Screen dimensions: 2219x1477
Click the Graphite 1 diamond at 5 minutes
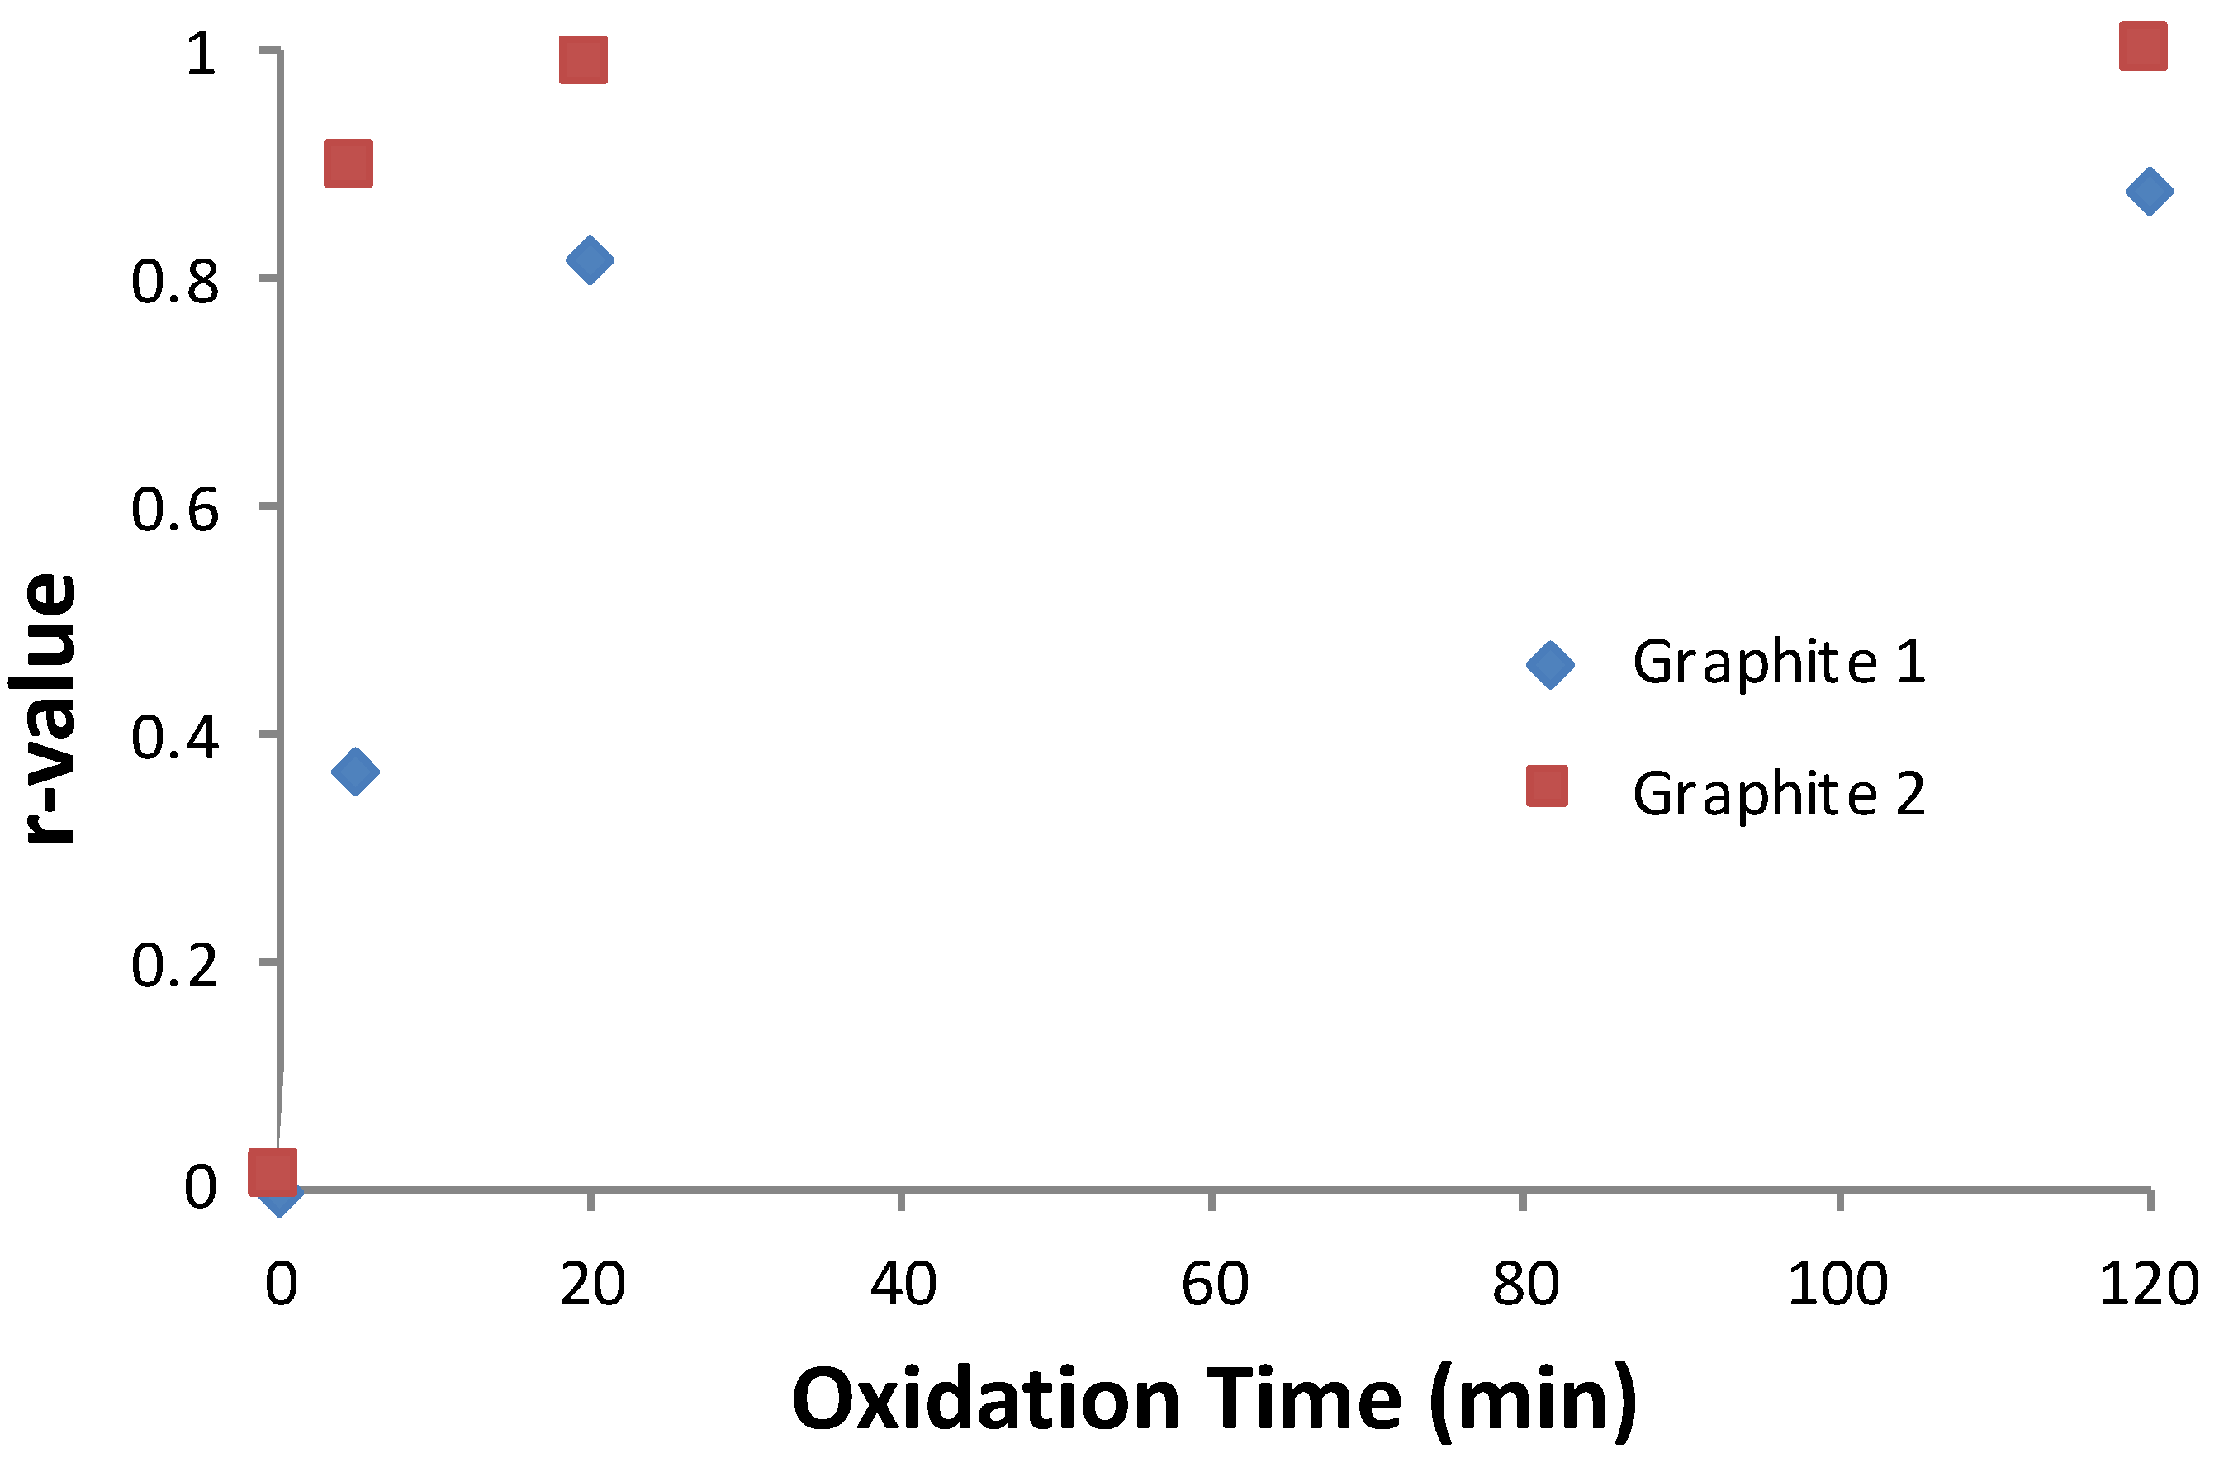tap(355, 772)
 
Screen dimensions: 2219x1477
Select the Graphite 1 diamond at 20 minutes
tap(590, 260)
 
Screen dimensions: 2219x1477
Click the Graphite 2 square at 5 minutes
tap(348, 164)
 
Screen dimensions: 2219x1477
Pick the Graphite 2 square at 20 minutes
tap(583, 60)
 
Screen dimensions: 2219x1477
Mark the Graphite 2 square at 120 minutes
tap(2143, 47)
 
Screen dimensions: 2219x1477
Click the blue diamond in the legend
tap(1549, 665)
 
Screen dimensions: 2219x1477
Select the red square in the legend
tap(1547, 786)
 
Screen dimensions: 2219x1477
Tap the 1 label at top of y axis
tap(201, 54)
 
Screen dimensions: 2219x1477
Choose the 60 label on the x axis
tap(1215, 1284)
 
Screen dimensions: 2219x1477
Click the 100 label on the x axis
tap(1837, 1284)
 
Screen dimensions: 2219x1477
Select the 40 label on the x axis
tap(903, 1284)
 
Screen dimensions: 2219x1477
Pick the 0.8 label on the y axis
tap(174, 282)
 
